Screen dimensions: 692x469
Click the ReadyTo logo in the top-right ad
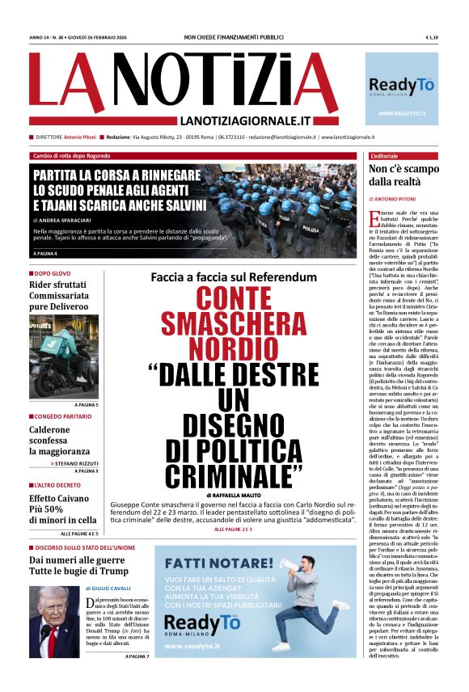tap(402, 86)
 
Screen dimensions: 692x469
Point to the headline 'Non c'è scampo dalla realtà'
tap(404, 175)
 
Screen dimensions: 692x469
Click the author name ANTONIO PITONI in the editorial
tap(404, 198)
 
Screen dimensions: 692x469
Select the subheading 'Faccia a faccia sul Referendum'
tap(234, 278)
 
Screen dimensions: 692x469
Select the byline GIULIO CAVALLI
tap(112, 589)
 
